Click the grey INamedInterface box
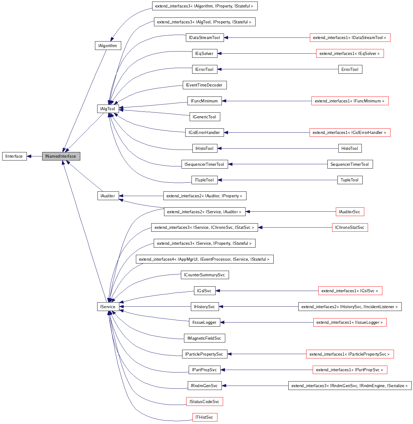(61, 156)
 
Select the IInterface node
(14, 156)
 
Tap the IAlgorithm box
(107, 46)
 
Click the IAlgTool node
(107, 109)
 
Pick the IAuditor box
(107, 196)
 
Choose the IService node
(107, 307)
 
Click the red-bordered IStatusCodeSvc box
(204, 402)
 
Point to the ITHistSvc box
(204, 417)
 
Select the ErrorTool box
(350, 69)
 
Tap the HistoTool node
(350, 148)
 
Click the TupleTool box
(350, 180)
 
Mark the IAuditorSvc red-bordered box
(350, 212)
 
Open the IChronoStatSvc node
(350, 227)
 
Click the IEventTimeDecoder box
(204, 85)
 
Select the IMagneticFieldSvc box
(204, 338)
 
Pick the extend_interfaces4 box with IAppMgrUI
(204, 259)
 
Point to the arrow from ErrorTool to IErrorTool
(278, 69)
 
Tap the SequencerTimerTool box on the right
(350, 164)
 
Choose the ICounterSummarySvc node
(204, 275)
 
